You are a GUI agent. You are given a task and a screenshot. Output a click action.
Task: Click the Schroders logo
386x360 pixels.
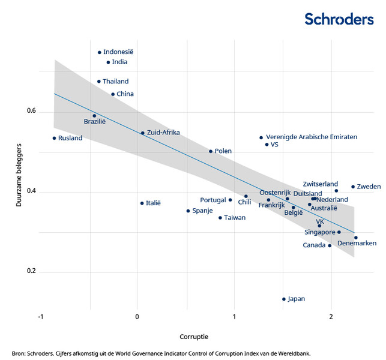tap(339, 19)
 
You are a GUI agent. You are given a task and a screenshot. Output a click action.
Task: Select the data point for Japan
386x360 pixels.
tap(284, 299)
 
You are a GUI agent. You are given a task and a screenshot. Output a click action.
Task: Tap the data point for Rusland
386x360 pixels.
tap(54, 138)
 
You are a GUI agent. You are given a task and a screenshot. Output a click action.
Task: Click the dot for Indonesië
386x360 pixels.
tap(100, 52)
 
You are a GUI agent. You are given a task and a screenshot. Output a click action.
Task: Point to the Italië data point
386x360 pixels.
tap(142, 203)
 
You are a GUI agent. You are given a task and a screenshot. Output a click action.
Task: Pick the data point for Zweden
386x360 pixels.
tap(353, 187)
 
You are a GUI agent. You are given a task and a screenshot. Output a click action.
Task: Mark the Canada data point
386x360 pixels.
tap(330, 245)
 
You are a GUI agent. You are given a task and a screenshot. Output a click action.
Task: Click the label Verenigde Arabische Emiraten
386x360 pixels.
tap(311, 137)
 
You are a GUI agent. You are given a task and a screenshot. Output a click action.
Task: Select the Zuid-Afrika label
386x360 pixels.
tap(163, 133)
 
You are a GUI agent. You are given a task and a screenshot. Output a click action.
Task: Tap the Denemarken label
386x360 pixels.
tap(357, 243)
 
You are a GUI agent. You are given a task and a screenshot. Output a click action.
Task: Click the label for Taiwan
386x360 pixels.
tap(235, 218)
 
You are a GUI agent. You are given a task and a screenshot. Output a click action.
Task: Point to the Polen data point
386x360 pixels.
tap(211, 151)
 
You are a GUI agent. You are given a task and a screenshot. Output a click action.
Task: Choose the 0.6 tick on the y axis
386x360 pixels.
tap(31, 112)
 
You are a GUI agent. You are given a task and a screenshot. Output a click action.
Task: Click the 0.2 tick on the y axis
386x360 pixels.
tap(31, 272)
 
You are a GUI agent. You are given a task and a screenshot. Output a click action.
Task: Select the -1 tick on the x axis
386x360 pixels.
tap(41, 316)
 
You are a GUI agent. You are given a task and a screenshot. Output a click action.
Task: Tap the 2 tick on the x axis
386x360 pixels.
tap(331, 316)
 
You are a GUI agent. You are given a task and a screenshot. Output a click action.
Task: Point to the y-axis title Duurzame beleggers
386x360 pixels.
tap(19, 175)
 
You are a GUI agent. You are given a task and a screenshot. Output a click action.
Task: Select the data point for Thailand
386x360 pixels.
tap(99, 82)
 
